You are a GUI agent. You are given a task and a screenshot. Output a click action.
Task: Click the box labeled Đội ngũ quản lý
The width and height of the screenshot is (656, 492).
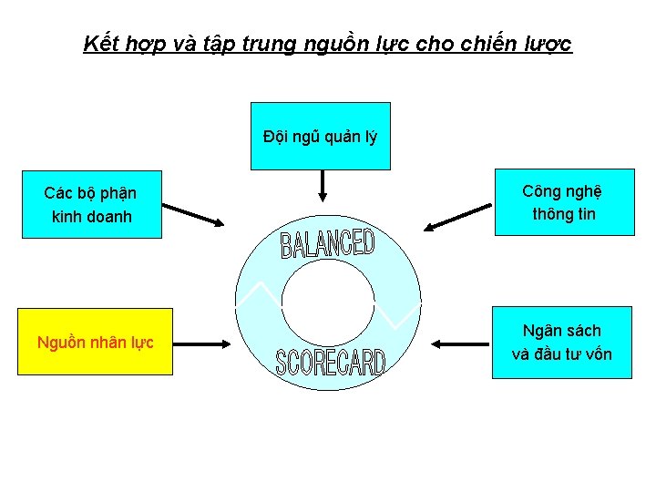pyautogui.click(x=320, y=137)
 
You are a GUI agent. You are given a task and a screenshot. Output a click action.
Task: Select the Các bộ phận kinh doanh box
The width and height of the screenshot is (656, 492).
pyautogui.click(x=91, y=204)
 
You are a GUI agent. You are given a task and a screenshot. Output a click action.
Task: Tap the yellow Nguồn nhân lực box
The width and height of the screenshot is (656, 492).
pyautogui.click(x=96, y=343)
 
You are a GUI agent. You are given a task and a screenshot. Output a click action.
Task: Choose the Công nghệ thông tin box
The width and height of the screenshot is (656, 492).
pyautogui.click(x=562, y=202)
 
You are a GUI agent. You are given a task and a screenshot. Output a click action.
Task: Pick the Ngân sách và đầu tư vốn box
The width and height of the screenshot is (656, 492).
pyautogui.click(x=562, y=343)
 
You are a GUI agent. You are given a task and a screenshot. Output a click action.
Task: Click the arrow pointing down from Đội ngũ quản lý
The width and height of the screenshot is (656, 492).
pyautogui.click(x=321, y=187)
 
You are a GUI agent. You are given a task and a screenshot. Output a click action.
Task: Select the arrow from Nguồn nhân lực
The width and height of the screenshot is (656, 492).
pyautogui.click(x=200, y=343)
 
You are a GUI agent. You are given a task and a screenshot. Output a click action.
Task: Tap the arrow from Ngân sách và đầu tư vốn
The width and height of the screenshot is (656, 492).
pyautogui.click(x=461, y=343)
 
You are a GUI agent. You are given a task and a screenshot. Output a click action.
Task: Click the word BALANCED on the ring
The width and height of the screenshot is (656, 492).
pyautogui.click(x=327, y=243)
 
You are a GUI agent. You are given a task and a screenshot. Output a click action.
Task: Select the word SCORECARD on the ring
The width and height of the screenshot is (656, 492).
pyautogui.click(x=331, y=363)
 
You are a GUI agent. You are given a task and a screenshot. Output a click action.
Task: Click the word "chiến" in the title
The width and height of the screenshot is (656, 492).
pyautogui.click(x=491, y=43)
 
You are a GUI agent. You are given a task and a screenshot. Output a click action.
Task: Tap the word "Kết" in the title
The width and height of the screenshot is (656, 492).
pyautogui.click(x=99, y=43)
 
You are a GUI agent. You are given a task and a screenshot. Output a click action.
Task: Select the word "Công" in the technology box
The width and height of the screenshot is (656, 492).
pyautogui.click(x=543, y=190)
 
